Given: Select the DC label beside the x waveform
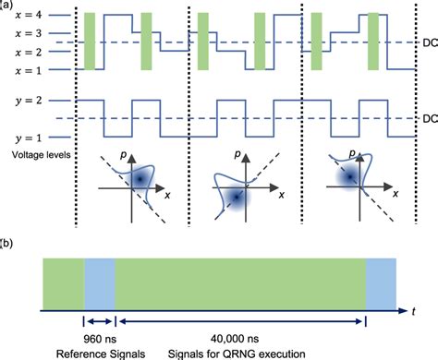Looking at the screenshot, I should click(x=420, y=42).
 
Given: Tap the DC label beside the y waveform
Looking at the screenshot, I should click(x=420, y=118).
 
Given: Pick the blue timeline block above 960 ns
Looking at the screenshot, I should click(x=100, y=282).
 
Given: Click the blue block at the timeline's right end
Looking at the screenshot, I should click(x=382, y=282).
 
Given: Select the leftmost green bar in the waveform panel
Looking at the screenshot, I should click(x=88, y=41).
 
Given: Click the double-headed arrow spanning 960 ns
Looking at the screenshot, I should click(x=100, y=321).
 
